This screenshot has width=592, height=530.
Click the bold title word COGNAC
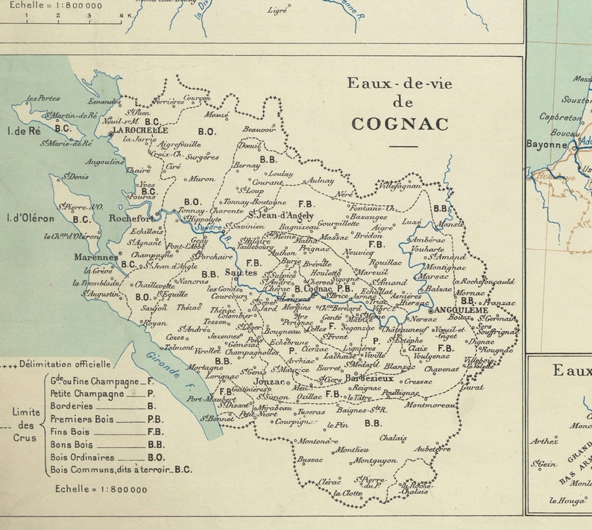click(x=400, y=124)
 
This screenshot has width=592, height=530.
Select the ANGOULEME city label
click(x=459, y=309)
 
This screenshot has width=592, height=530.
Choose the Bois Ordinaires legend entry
click(x=82, y=457)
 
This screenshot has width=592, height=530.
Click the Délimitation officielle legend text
click(x=66, y=365)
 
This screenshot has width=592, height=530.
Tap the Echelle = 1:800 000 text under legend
click(x=101, y=489)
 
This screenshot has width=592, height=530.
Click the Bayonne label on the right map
click(x=547, y=144)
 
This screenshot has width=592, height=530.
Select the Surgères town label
click(x=202, y=157)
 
